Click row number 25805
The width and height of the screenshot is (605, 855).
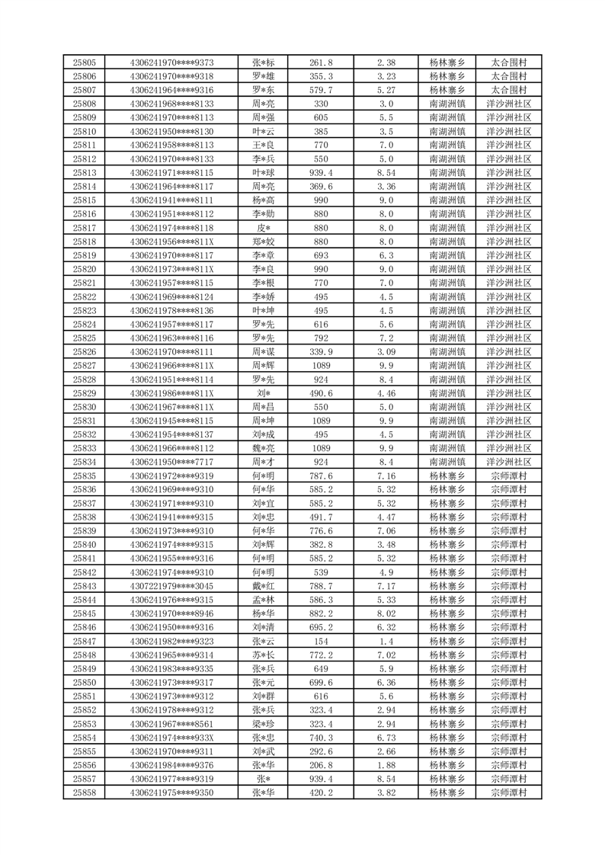[84, 62]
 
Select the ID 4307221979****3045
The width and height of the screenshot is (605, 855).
[171, 586]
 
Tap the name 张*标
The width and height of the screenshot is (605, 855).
[263, 62]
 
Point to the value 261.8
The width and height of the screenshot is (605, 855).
[321, 62]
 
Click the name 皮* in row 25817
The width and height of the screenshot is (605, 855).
[263, 228]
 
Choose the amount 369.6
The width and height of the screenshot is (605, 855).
[321, 187]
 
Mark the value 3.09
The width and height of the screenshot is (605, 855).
[386, 352]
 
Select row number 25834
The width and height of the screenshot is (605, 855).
[84, 462]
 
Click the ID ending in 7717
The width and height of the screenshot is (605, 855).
[171, 462]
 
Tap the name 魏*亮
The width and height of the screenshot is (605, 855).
[263, 448]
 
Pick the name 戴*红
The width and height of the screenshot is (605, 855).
[263, 586]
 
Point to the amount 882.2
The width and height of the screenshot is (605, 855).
[321, 613]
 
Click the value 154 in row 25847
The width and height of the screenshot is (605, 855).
[321, 641]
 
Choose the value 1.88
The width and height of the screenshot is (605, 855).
[386, 765]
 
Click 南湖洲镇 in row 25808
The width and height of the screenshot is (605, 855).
[447, 104]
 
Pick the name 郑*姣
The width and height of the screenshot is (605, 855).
[263, 242]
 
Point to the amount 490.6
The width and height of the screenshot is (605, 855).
[321, 393]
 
